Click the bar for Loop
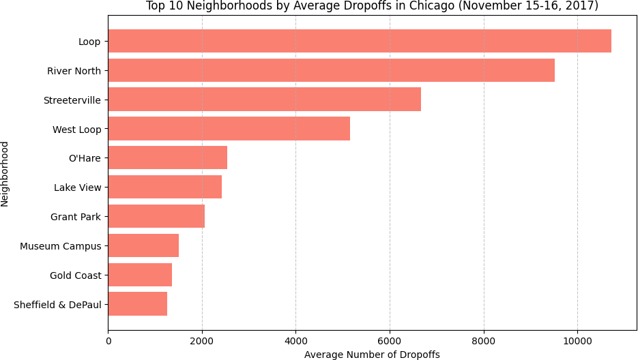tap(360, 42)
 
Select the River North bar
tap(331, 70)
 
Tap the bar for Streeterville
tap(264, 100)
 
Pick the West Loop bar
tap(229, 129)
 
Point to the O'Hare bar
tap(167, 158)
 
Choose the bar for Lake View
tap(164, 187)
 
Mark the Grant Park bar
tap(156, 217)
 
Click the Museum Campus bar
tap(143, 245)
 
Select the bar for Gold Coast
tap(140, 275)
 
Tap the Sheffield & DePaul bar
tap(137, 304)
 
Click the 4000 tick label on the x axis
tap(295, 339)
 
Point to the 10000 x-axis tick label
tap(577, 339)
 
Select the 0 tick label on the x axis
tap(108, 339)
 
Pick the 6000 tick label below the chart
tap(390, 339)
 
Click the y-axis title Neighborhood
tap(5, 173)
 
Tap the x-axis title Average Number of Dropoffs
tap(372, 355)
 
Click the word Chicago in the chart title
tap(428, 6)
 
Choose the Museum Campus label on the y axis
tap(61, 246)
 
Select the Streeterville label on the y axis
tap(72, 100)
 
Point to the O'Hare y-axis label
tap(85, 159)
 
